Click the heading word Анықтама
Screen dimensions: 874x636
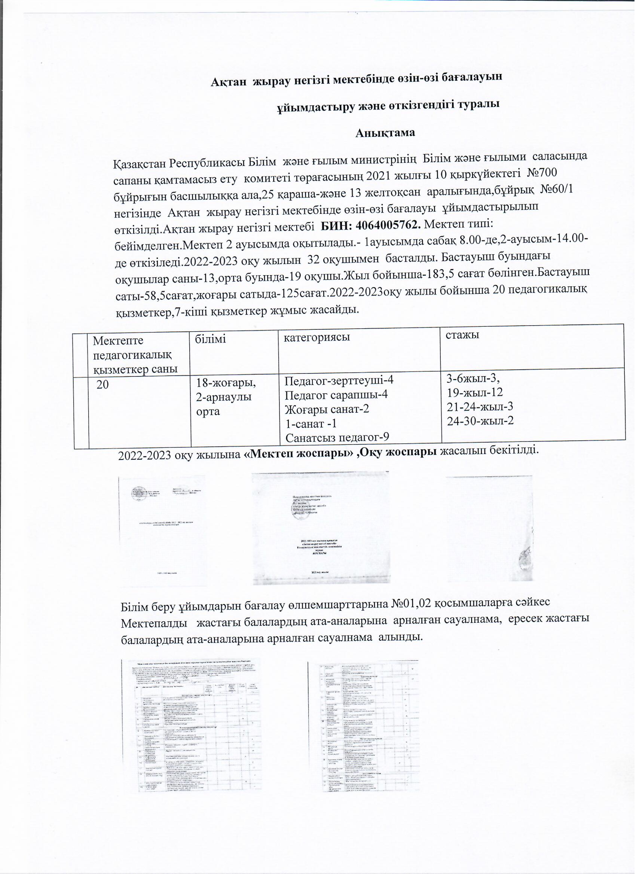[385, 133]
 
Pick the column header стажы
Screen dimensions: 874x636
[462, 335]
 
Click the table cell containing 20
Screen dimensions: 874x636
[103, 384]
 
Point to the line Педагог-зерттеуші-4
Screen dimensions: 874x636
[339, 381]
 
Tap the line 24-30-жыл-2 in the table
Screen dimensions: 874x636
[480, 421]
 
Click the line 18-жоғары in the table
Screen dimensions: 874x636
[226, 383]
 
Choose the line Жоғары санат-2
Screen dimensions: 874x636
[327, 409]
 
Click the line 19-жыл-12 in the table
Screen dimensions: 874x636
[475, 393]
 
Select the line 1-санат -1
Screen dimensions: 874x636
[311, 424]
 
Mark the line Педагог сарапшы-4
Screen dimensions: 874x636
[336, 395]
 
